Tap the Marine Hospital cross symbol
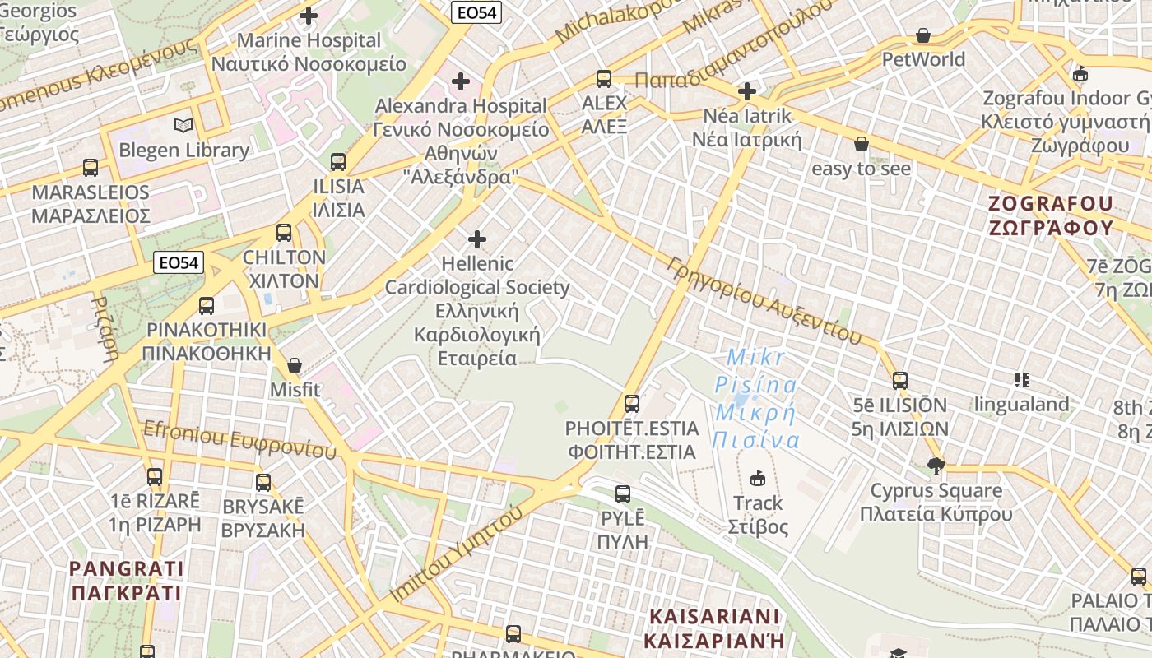pos(309,16)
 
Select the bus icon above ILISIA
pos(337,162)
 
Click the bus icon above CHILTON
pos(284,233)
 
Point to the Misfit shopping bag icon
pos(295,364)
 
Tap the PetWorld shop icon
pos(923,35)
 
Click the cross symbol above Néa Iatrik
pos(747,90)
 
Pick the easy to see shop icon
pos(862,144)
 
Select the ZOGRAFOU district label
pos(1051,215)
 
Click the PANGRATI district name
pos(126,580)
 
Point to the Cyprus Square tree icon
pos(936,466)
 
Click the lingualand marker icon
pos(1022,379)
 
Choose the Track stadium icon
pos(758,478)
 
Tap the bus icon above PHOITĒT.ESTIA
pos(632,404)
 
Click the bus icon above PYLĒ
pos(623,494)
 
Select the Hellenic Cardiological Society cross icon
pos(477,239)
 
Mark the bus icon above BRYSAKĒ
pos(263,482)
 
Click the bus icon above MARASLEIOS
pos(91,168)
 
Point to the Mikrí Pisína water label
pos(756,398)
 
